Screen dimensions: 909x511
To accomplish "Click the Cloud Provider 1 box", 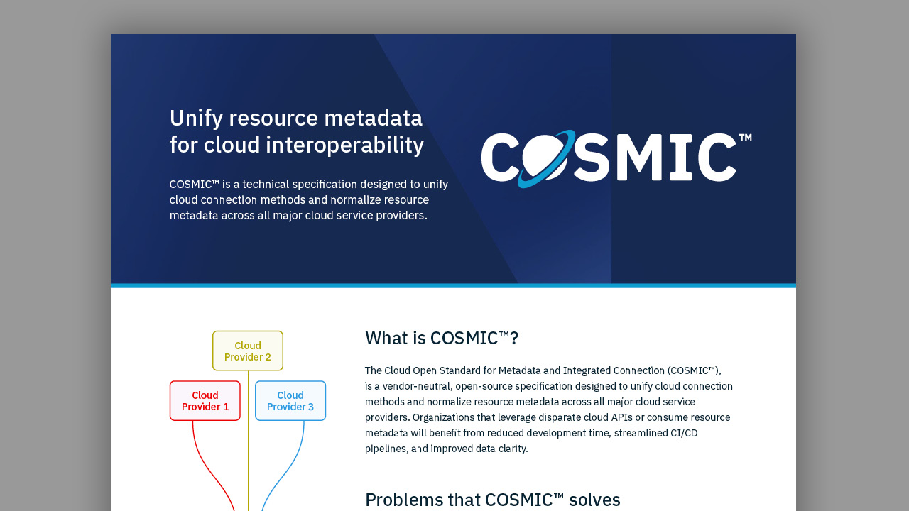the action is (x=205, y=401).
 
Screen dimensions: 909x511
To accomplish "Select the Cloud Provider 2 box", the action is (x=248, y=351).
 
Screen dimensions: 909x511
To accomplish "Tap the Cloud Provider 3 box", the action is (x=290, y=401).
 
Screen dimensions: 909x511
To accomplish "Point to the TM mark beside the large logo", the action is (x=746, y=138).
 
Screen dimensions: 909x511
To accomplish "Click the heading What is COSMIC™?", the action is (x=442, y=338).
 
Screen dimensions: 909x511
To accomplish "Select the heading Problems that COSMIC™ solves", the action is (x=493, y=500).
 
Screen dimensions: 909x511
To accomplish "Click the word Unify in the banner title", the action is (x=197, y=119).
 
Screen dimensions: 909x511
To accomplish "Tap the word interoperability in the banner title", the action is (x=344, y=145).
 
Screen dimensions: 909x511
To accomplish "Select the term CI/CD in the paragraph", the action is (x=684, y=433).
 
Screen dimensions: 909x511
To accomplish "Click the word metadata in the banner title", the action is (x=374, y=119).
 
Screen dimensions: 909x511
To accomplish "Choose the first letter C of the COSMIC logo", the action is (x=499, y=158).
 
